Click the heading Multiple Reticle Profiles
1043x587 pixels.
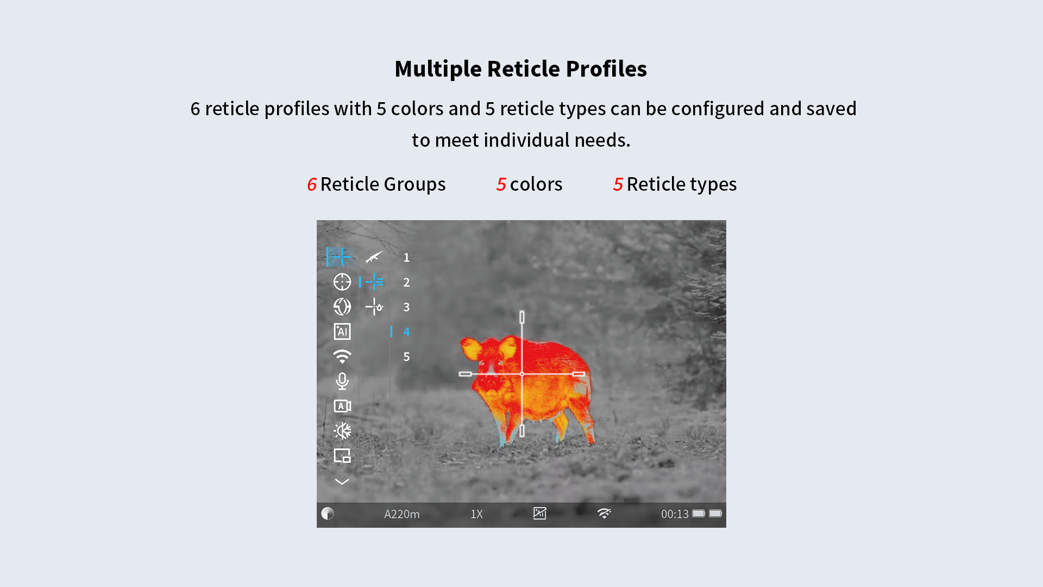click(x=520, y=69)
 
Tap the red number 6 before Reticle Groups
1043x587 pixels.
click(x=312, y=184)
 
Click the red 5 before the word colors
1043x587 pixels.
click(x=501, y=184)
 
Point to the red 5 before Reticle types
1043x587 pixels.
click(x=618, y=184)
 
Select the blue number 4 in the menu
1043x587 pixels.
click(x=406, y=332)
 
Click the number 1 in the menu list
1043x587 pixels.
click(x=406, y=258)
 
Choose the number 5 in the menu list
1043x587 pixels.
click(x=406, y=357)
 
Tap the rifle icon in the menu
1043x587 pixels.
click(x=374, y=257)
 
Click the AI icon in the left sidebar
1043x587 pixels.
click(x=342, y=332)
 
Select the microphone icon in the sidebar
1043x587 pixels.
click(x=342, y=381)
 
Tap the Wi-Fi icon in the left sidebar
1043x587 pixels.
click(x=342, y=357)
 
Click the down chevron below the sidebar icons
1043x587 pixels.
click(x=342, y=481)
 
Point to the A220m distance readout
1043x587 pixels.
click(x=402, y=514)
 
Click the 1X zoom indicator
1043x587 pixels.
click(x=476, y=514)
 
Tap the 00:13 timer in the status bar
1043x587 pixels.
click(x=675, y=514)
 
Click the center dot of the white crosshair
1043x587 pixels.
click(x=522, y=374)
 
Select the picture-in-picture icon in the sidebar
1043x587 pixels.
click(x=342, y=455)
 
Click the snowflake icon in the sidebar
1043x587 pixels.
click(x=342, y=431)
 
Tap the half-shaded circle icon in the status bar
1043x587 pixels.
click(x=328, y=514)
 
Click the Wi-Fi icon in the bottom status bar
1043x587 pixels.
click(x=604, y=514)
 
